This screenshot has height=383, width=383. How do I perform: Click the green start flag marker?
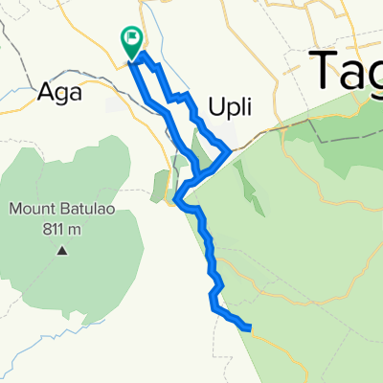[x=131, y=40]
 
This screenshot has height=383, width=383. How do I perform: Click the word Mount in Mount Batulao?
[x=34, y=209]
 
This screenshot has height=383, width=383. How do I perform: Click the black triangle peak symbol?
[x=62, y=251]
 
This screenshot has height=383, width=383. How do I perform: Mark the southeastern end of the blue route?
[x=250, y=328]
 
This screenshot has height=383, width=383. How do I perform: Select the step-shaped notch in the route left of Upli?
[x=176, y=97]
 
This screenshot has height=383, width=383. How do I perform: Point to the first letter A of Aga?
[x=44, y=94]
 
